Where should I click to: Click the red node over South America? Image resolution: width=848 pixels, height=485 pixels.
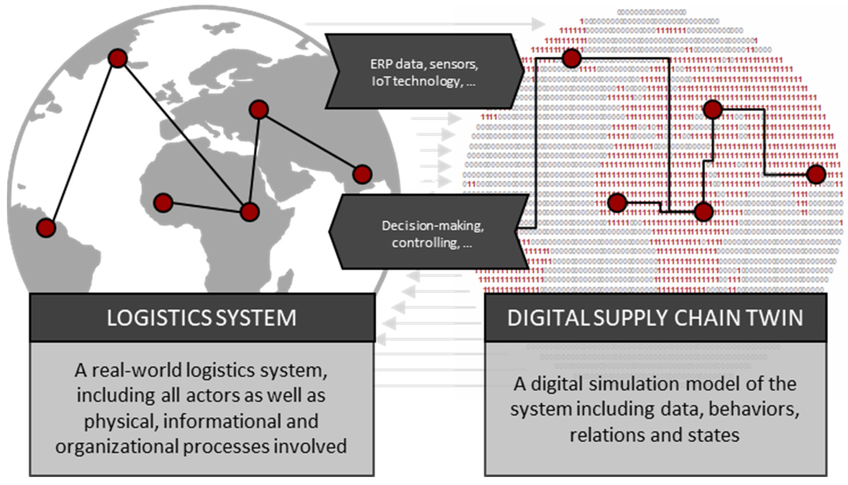(x=46, y=228)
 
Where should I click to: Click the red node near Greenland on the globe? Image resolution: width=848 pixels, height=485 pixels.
(x=118, y=58)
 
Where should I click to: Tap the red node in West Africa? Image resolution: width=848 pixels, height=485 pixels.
(x=163, y=202)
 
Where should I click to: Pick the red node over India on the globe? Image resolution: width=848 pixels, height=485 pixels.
(x=362, y=174)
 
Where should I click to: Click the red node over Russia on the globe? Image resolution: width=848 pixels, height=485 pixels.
(x=259, y=109)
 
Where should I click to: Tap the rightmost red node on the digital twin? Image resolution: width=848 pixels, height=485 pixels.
(x=816, y=174)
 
